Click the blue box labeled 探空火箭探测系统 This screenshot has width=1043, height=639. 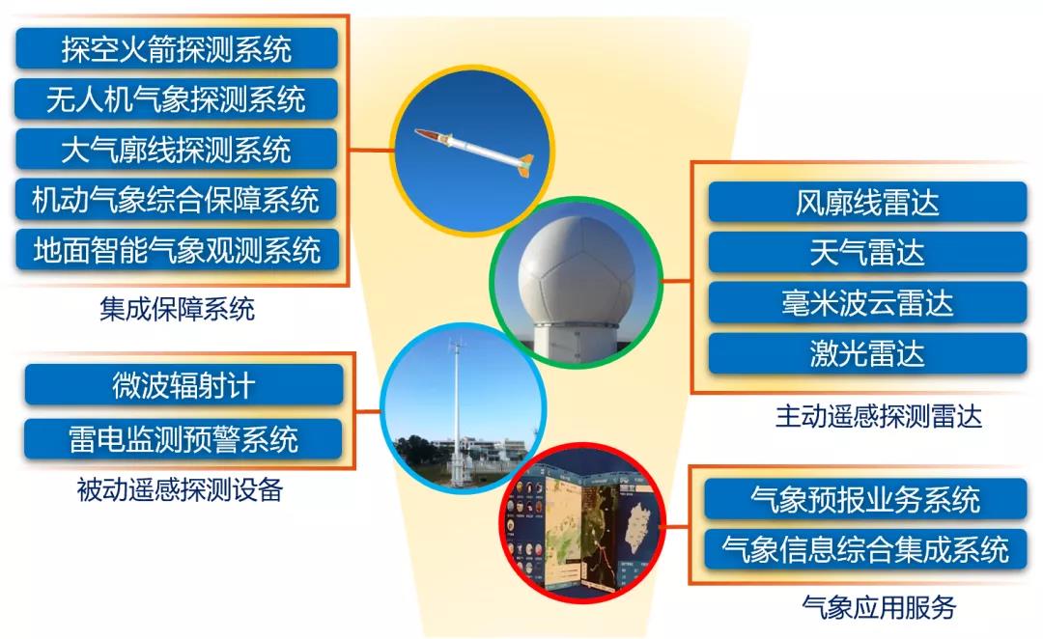pyautogui.click(x=177, y=48)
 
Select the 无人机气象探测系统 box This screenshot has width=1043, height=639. pyautogui.click(x=177, y=99)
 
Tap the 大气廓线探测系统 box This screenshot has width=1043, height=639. pyautogui.click(x=177, y=149)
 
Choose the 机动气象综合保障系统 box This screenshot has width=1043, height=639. pyautogui.click(x=177, y=200)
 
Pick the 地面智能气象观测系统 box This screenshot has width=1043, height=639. pyautogui.click(x=177, y=250)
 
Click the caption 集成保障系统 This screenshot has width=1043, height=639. pyautogui.click(x=177, y=309)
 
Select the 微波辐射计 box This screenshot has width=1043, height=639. pyautogui.click(x=183, y=385)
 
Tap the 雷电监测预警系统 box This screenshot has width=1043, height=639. pyautogui.click(x=183, y=439)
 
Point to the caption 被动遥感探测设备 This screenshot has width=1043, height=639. pyautogui.click(x=180, y=490)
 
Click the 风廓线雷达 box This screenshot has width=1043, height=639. pyautogui.click(x=867, y=202)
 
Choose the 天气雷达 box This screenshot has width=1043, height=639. pyautogui.click(x=867, y=253)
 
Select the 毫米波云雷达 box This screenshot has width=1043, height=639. pyautogui.click(x=867, y=302)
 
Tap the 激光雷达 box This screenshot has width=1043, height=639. pyautogui.click(x=867, y=353)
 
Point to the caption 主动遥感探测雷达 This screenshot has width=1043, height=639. pyautogui.click(x=879, y=416)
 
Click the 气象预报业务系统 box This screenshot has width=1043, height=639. pyautogui.click(x=865, y=499)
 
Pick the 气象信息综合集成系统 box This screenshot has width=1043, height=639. pyautogui.click(x=865, y=549)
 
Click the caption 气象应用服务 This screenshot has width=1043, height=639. pyautogui.click(x=879, y=607)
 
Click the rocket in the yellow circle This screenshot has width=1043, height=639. pyautogui.click(x=474, y=151)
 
